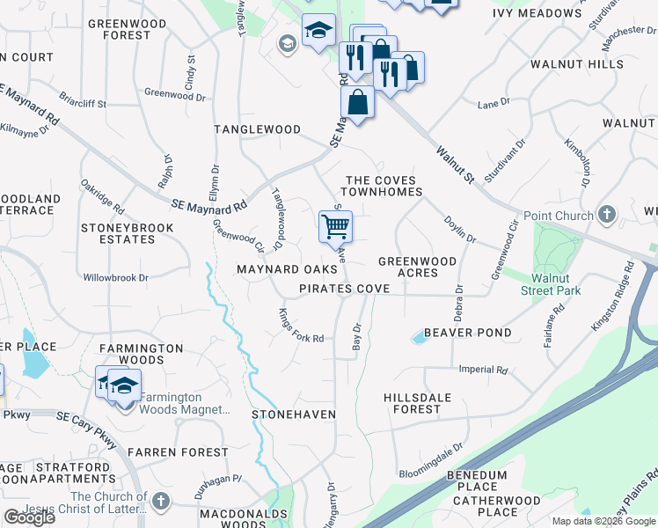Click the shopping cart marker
(x=335, y=227)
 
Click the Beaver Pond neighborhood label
(x=467, y=333)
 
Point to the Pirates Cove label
(x=344, y=289)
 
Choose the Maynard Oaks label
(x=287, y=268)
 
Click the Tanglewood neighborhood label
(x=258, y=129)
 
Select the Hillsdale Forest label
(x=424, y=403)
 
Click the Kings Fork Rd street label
(x=302, y=326)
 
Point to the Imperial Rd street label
(x=484, y=370)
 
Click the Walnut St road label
(x=455, y=164)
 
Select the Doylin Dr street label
(x=459, y=231)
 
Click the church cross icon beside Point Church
(x=606, y=215)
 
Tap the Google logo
(x=29, y=517)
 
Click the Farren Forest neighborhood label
(x=178, y=452)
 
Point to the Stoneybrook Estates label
(x=128, y=233)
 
